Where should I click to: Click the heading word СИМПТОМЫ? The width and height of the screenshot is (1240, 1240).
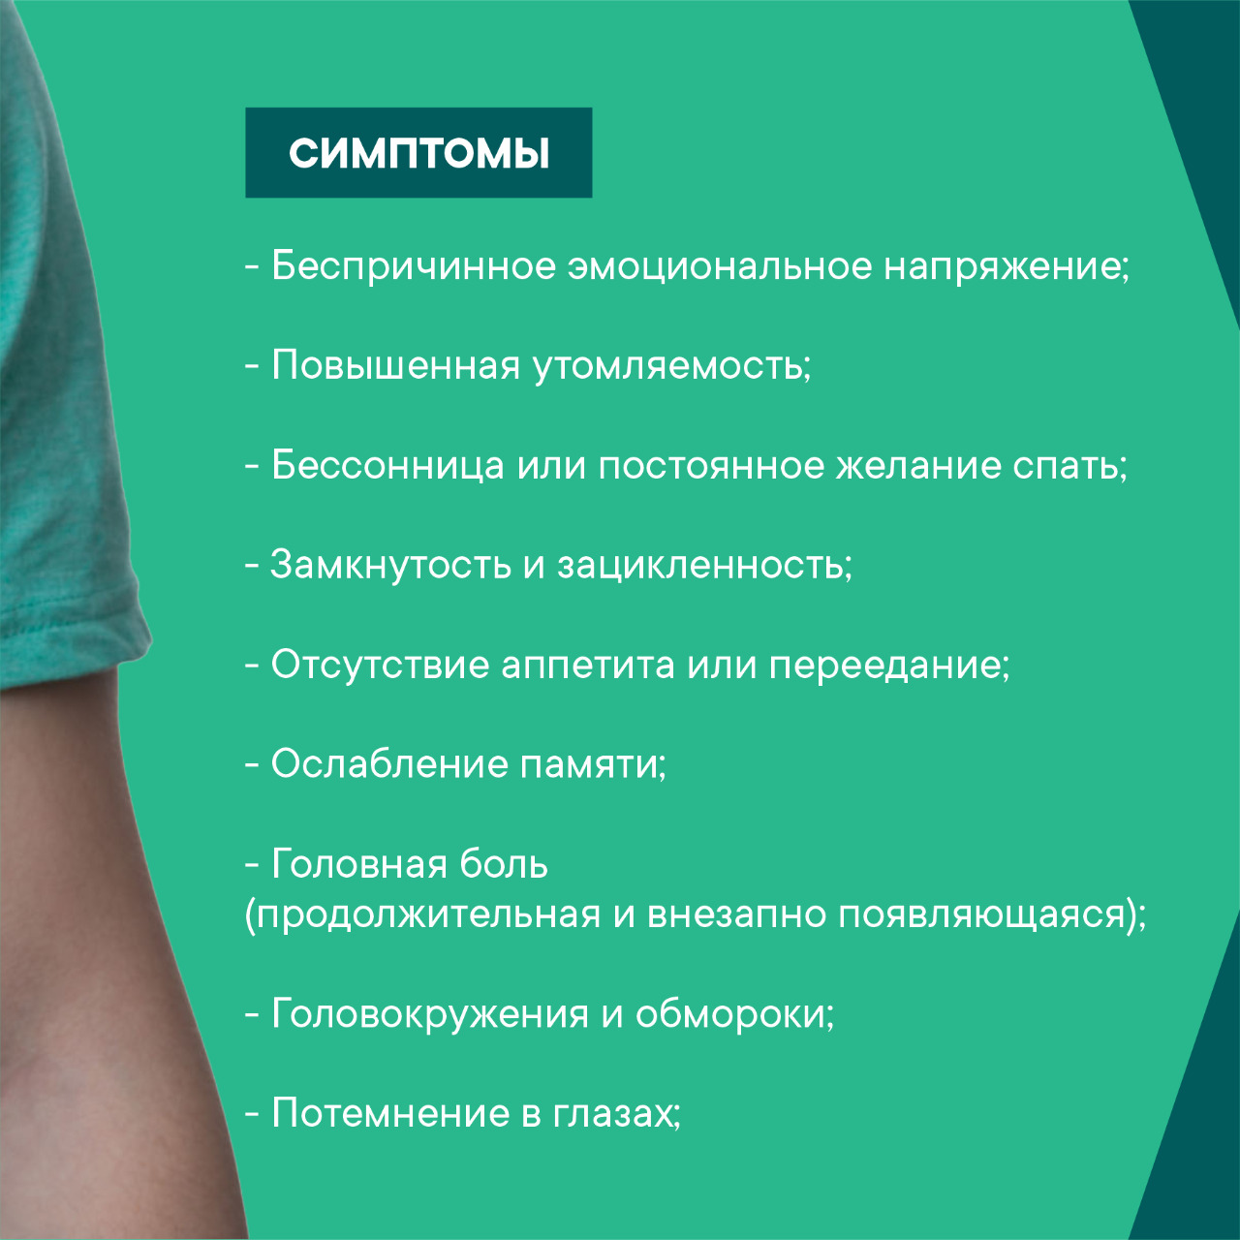click(x=418, y=153)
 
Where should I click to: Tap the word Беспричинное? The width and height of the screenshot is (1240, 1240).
click(x=413, y=266)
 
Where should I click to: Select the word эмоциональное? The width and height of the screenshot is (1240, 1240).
click(x=720, y=266)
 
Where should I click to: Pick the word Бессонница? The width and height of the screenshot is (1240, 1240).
click(x=387, y=466)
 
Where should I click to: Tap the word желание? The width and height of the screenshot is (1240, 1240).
click(x=918, y=466)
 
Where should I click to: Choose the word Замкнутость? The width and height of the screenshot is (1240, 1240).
click(x=390, y=565)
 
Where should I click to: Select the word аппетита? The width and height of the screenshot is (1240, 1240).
click(x=588, y=666)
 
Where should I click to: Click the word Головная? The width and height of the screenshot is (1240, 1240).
click(x=358, y=865)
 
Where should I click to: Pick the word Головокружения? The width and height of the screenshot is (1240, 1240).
click(x=430, y=1014)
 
